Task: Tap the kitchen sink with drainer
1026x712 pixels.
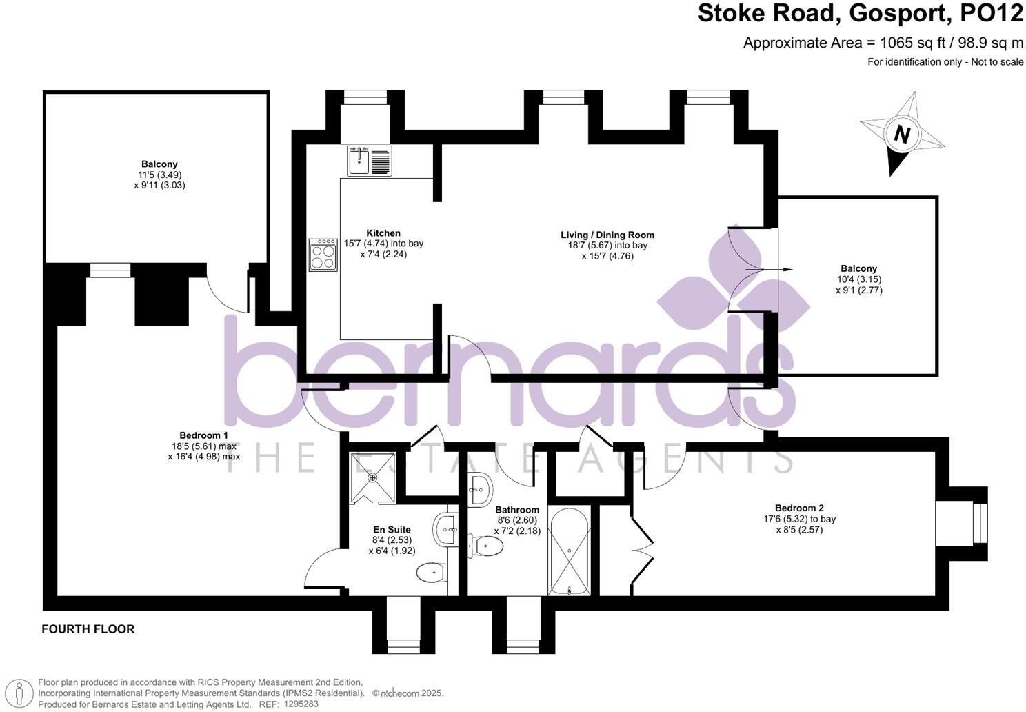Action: point(370,161)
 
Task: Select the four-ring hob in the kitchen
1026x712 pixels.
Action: point(323,255)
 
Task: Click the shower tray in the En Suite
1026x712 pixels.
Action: point(373,477)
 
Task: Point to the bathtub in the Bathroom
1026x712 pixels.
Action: point(569,552)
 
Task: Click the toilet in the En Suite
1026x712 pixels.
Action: point(432,572)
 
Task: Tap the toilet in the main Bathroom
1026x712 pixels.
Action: point(487,545)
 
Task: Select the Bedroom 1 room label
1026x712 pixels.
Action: point(203,435)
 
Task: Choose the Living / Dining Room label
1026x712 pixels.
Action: point(607,235)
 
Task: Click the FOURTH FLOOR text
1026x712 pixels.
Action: point(88,629)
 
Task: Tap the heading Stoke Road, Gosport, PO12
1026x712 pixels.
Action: point(861,14)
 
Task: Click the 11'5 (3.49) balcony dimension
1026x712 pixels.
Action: point(159,175)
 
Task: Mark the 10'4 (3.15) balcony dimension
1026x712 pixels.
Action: point(858,279)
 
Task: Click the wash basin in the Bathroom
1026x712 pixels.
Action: point(480,489)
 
